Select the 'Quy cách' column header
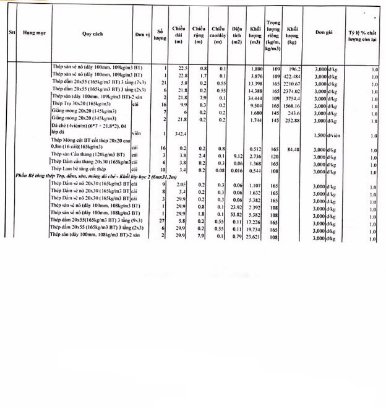(91, 32)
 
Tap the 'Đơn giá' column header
(324, 32)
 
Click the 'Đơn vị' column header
(143, 32)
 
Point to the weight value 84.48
(293, 149)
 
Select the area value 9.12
(236, 157)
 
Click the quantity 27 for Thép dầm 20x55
(162, 221)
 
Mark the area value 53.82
(236, 214)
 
